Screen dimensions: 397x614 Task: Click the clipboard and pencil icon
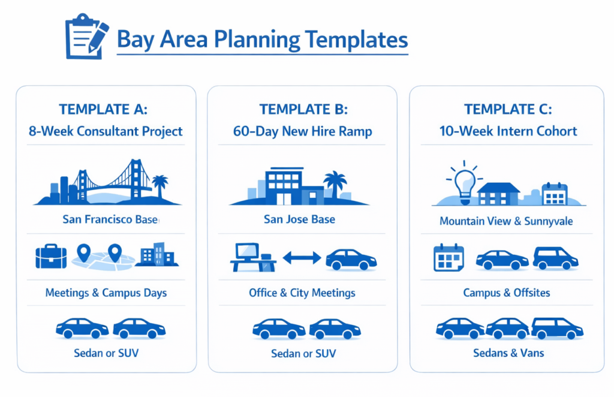(x=86, y=38)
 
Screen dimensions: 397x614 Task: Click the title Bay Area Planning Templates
(x=262, y=40)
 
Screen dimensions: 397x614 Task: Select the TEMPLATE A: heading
(x=103, y=109)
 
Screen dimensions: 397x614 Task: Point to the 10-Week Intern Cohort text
(x=507, y=131)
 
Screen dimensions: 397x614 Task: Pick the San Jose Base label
(x=299, y=219)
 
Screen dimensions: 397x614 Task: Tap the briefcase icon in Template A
(x=51, y=256)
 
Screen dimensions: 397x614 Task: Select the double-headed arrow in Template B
(x=302, y=258)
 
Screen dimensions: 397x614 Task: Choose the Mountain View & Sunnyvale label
(x=506, y=221)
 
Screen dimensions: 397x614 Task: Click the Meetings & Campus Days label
(x=106, y=293)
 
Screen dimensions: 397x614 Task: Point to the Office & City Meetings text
(x=302, y=293)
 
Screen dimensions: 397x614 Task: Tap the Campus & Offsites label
(x=506, y=293)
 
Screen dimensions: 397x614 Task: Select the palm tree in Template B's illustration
(x=335, y=181)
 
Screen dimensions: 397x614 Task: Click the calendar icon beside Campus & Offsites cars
(x=449, y=258)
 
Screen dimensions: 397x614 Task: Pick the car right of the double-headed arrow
(x=351, y=260)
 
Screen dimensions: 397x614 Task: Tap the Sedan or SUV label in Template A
(x=106, y=353)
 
